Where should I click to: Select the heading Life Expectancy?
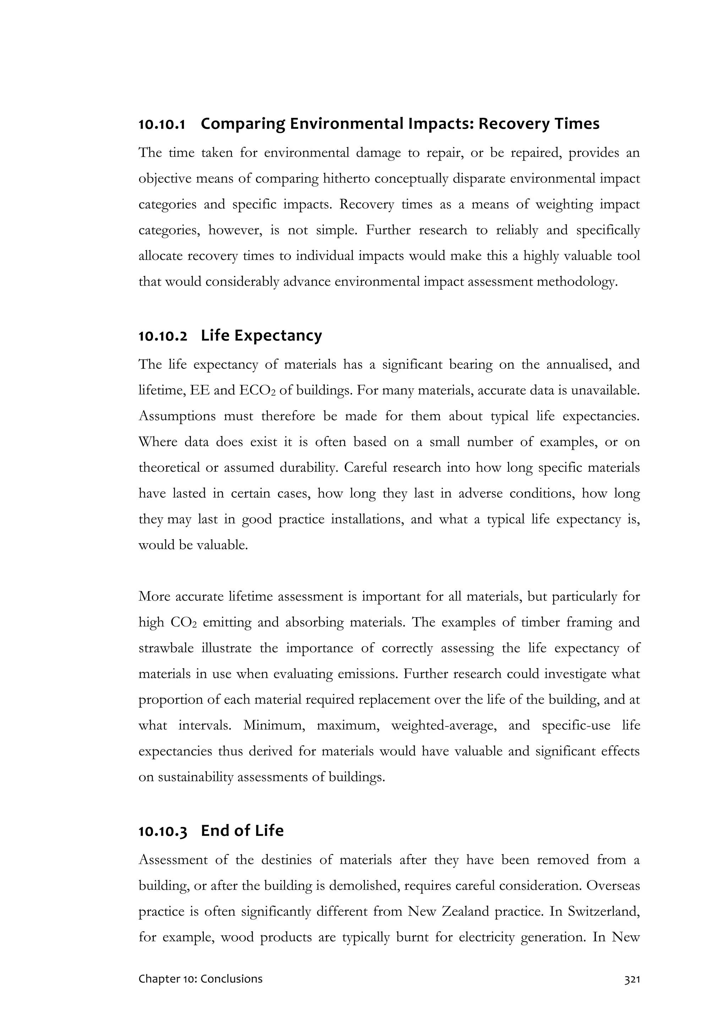tap(261, 335)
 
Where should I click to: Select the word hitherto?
tap(344, 179)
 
